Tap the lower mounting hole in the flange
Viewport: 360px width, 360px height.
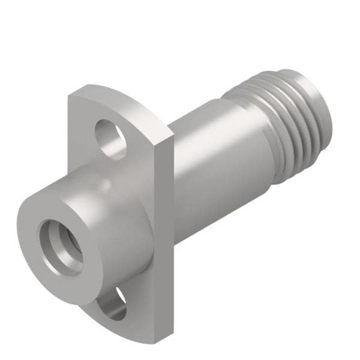click(115, 304)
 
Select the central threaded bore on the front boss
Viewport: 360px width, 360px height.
click(61, 247)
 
